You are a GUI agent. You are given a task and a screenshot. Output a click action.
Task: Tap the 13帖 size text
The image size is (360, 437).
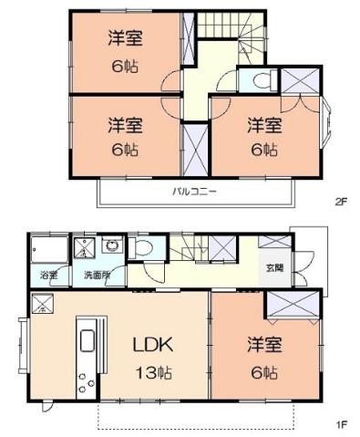tap(154, 372)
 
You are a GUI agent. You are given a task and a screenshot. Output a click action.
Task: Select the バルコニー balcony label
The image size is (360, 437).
tap(194, 192)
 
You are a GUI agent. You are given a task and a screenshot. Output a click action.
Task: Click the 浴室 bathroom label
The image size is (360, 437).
tap(47, 275)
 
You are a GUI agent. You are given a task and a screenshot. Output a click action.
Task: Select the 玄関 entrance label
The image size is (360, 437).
tap(274, 267)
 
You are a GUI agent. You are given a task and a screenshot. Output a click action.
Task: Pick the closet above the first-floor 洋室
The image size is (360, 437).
tap(293, 302)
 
